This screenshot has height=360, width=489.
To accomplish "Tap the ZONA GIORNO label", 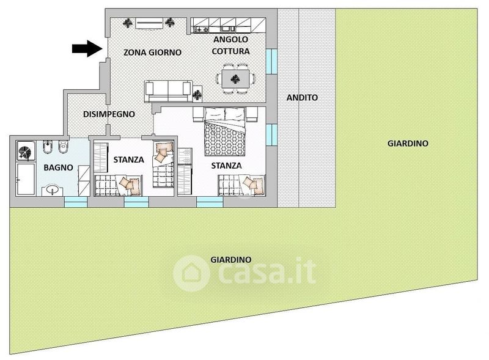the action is point(152,52).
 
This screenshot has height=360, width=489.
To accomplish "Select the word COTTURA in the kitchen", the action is point(231,51).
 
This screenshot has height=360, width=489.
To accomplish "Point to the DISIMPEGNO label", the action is point(109,114).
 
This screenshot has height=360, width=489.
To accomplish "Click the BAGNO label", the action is point(58,167).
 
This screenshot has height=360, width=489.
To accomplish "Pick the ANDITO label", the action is point(302,98).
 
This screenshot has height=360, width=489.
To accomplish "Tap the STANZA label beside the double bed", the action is point(226,166).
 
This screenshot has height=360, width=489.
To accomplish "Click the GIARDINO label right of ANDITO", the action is point(408,144).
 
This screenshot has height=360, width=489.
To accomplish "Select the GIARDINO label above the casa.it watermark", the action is point(231,260).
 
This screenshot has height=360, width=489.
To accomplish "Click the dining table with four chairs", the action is point(236,79).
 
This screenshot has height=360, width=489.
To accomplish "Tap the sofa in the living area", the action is point(169,92).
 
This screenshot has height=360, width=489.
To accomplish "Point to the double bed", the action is point(224,131).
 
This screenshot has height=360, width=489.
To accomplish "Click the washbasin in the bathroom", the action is point(53,189).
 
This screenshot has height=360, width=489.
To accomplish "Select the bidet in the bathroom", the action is point(48,147).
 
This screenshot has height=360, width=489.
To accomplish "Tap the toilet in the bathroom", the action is point(64,147).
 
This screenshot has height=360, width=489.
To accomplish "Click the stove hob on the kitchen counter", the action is point(202,29).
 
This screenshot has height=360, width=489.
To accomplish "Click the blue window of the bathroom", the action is point(76,202).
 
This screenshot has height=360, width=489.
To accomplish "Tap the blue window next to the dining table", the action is point(271,62).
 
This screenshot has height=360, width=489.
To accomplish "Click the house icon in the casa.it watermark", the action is point(191,273).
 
